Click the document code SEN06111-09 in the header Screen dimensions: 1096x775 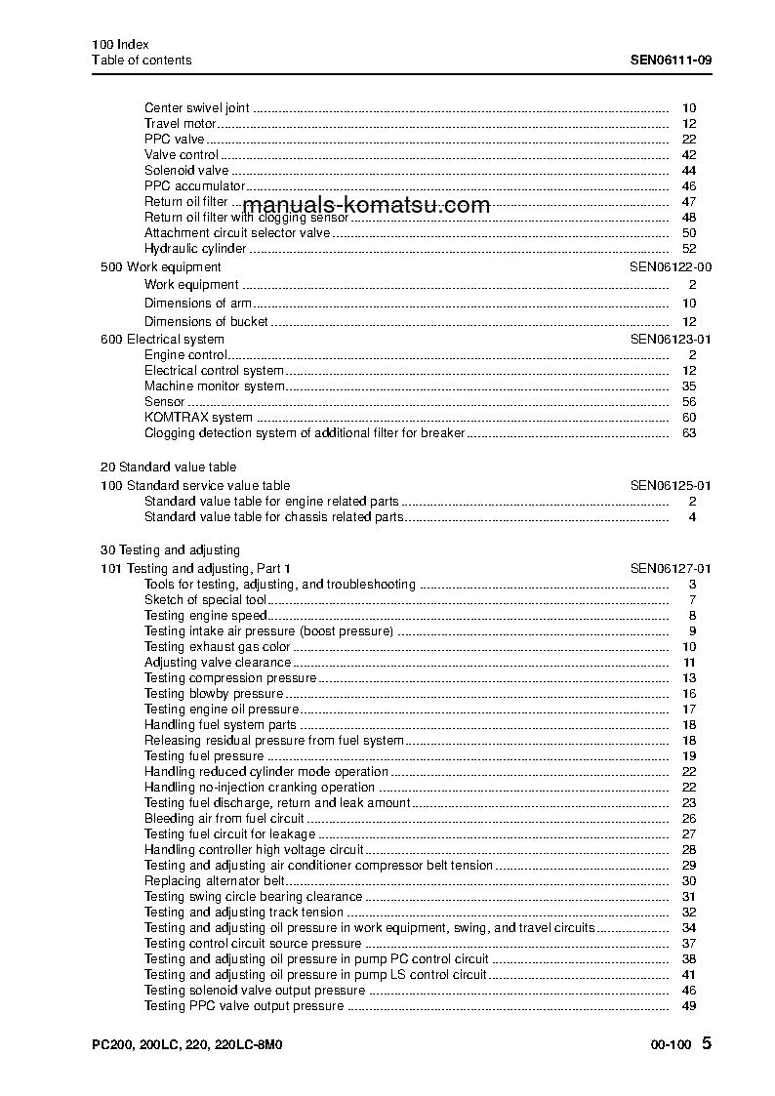[x=671, y=61]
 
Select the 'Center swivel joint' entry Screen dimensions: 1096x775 [x=196, y=108]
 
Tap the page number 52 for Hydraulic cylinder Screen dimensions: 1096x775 [x=688, y=249]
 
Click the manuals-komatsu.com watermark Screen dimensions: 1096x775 [x=365, y=205]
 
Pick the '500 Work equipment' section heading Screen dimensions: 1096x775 [x=161, y=267]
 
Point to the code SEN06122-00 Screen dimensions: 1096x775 [x=671, y=267]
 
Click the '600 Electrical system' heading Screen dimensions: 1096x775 [x=162, y=340]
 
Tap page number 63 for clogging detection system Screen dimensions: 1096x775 [x=688, y=433]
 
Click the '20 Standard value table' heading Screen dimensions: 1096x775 [x=168, y=467]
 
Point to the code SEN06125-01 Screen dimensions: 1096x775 [x=671, y=485]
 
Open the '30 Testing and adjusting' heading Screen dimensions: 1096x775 [x=170, y=550]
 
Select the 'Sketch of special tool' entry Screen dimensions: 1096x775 [x=205, y=600]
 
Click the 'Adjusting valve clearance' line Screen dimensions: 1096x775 [x=217, y=663]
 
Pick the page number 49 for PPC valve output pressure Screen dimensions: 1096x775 [x=688, y=1006]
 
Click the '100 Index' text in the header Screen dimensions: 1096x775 [x=113, y=45]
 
